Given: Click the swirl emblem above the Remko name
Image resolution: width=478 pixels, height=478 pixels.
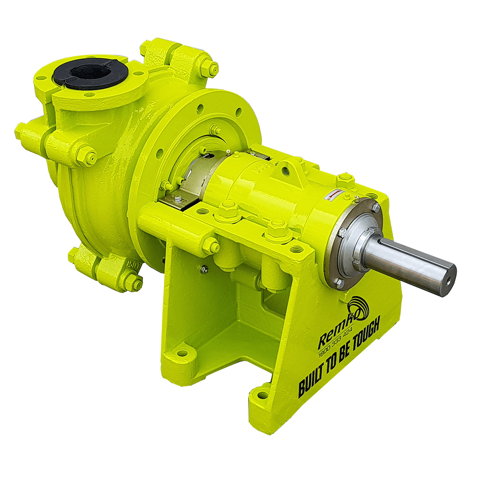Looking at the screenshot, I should [x=357, y=308].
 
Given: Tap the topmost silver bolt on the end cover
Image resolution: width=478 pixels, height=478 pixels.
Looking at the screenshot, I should [x=375, y=207].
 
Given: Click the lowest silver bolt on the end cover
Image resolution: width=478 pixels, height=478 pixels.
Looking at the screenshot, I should [x=339, y=283].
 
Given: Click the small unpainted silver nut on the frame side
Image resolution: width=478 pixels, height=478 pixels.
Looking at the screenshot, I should [x=204, y=270].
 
